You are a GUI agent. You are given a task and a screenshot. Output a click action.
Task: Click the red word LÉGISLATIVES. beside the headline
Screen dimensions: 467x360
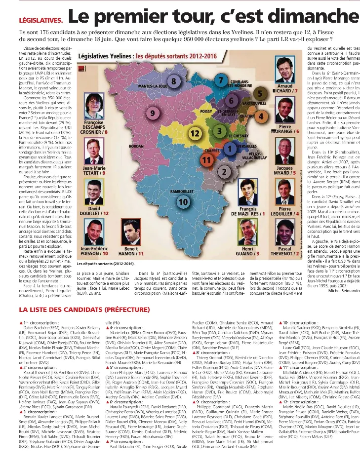40,20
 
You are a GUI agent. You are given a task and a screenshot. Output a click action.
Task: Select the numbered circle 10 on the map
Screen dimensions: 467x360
183,201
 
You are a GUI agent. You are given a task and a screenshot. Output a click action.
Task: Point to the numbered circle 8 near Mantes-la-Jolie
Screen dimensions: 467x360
174,80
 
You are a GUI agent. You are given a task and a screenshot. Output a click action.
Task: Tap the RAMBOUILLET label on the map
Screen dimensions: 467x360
183,191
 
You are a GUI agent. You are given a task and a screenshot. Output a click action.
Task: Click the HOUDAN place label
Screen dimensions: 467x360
136,146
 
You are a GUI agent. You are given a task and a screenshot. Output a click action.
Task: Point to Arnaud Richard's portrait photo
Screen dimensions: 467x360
285,71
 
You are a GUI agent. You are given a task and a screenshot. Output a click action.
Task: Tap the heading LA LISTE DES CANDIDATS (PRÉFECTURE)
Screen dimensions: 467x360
84,310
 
